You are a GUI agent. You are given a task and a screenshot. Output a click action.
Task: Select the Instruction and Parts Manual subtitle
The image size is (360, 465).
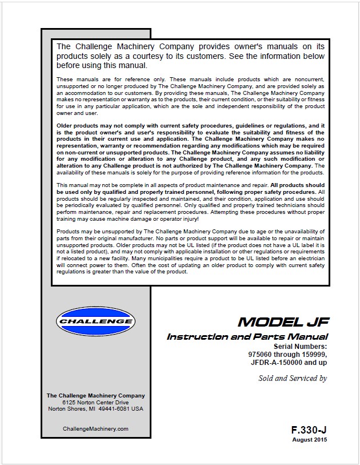coord(247,337)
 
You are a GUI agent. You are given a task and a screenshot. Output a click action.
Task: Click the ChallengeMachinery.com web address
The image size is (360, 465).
coord(95,428)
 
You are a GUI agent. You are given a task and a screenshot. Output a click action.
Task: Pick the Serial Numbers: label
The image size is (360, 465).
coord(300,347)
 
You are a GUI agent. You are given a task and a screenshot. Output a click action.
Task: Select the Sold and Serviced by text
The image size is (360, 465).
coord(293,378)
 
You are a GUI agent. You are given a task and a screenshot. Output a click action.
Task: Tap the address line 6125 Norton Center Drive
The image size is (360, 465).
coord(95,403)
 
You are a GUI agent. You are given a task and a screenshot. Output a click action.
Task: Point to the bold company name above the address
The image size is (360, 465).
coord(95,396)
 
